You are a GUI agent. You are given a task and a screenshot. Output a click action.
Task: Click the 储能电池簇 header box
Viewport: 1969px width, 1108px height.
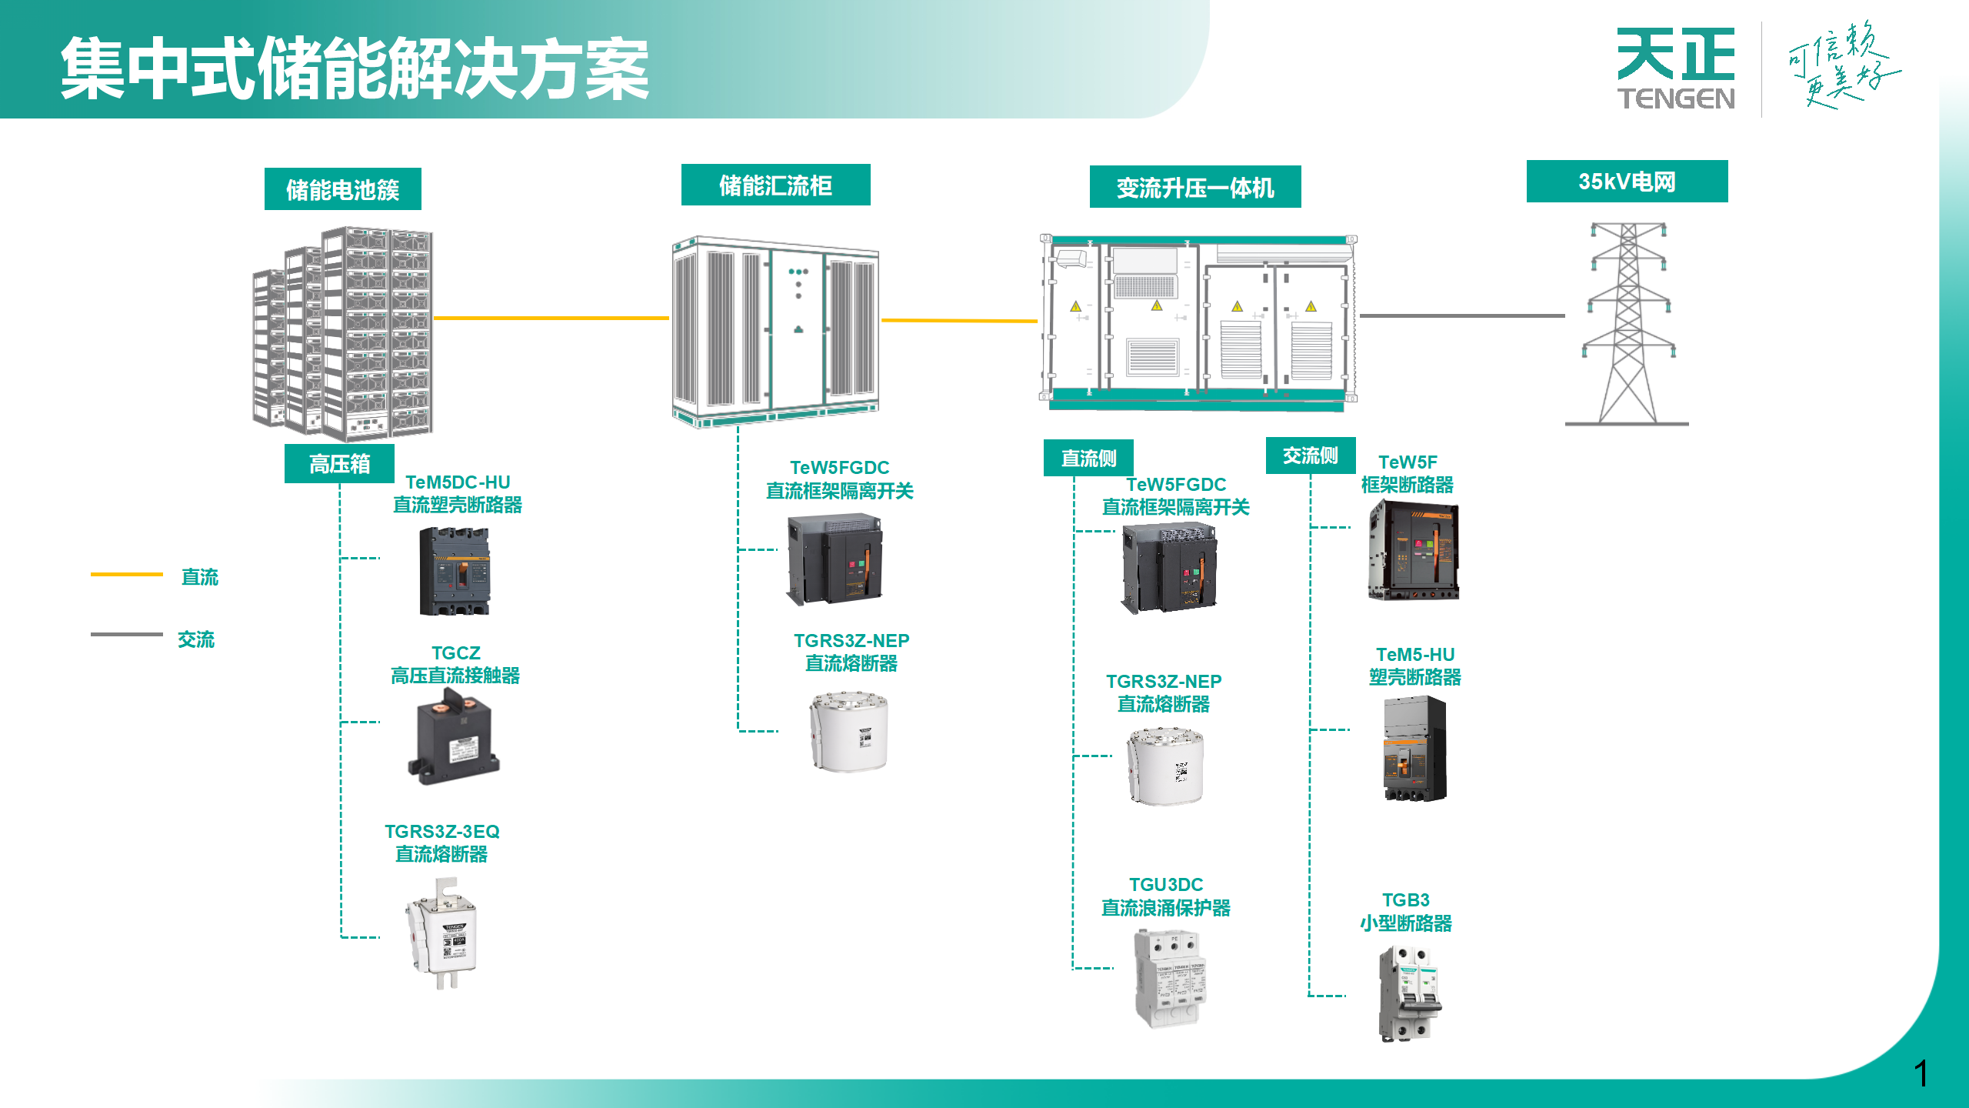pyautogui.click(x=342, y=189)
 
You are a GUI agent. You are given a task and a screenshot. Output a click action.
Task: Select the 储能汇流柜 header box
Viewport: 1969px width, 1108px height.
pyautogui.click(x=775, y=185)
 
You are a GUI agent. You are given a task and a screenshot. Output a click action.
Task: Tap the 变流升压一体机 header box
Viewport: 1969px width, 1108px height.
pyautogui.click(x=1194, y=187)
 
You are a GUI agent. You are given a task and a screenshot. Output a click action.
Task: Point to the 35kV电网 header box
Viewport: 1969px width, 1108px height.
pyautogui.click(x=1627, y=182)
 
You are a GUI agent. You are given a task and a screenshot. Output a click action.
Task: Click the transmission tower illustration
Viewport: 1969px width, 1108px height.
pyautogui.click(x=1628, y=323)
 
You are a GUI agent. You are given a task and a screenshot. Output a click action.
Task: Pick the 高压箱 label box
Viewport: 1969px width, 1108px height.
pyautogui.click(x=339, y=464)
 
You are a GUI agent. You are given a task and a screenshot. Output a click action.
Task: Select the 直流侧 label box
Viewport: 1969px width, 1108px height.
pyautogui.click(x=1088, y=459)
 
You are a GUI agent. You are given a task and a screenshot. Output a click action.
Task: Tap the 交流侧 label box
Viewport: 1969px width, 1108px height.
pyautogui.click(x=1310, y=456)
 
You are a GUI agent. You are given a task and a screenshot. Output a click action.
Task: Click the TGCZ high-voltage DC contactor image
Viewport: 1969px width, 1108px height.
pyautogui.click(x=454, y=737)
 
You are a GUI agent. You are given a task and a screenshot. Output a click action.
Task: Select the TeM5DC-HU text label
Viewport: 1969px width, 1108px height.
pyautogui.click(x=458, y=482)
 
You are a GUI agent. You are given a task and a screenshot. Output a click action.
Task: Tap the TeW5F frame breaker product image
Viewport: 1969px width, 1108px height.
pyautogui.click(x=1413, y=549)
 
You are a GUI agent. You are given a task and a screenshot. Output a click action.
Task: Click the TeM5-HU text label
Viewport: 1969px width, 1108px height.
pyautogui.click(x=1415, y=655)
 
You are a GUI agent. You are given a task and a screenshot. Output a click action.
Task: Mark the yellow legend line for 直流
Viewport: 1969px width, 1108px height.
pyautogui.click(x=127, y=575)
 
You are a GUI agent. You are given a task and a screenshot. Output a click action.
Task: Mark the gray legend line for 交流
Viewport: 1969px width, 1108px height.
pyautogui.click(x=127, y=635)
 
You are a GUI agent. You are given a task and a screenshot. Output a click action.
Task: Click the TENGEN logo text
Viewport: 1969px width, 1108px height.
pyautogui.click(x=1676, y=98)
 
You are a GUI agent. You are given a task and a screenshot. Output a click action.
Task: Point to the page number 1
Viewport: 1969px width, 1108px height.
pyautogui.click(x=1921, y=1073)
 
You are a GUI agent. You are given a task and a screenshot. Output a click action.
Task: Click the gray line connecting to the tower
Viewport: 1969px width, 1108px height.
pyautogui.click(x=1461, y=315)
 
